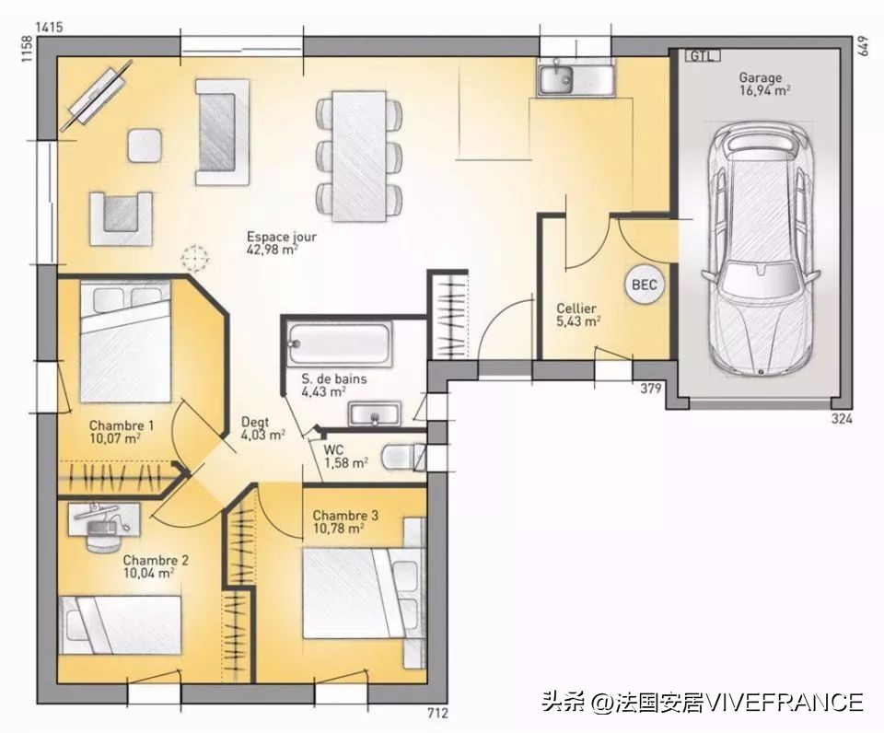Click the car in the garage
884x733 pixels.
(x=760, y=250)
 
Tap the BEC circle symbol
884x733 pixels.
(x=645, y=285)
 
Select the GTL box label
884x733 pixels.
(x=702, y=55)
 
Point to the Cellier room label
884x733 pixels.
(x=576, y=308)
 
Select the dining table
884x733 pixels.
(x=359, y=157)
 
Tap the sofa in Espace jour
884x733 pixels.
(x=222, y=132)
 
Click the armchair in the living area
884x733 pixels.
(x=121, y=219)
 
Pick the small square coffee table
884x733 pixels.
(x=145, y=145)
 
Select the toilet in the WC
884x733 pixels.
(x=403, y=457)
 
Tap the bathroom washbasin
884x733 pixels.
(x=374, y=414)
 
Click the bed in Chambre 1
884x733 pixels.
(x=125, y=342)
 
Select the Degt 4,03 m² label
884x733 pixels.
(x=262, y=428)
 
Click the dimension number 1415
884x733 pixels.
(x=49, y=27)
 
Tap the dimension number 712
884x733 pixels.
(x=437, y=714)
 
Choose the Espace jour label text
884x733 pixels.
(x=282, y=237)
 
